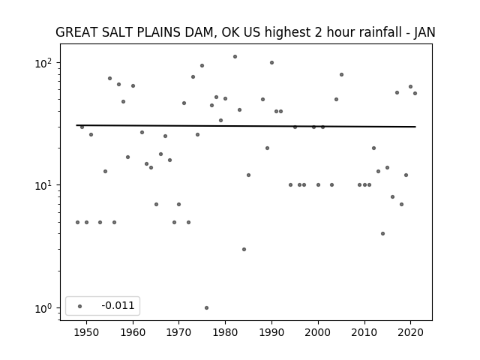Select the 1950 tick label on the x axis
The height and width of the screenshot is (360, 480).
[x=87, y=332]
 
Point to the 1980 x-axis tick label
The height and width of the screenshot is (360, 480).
[x=225, y=332]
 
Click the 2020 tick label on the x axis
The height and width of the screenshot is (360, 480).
[x=411, y=332]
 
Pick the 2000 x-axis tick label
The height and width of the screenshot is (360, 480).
[x=318, y=332]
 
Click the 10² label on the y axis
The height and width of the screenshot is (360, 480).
[x=43, y=63]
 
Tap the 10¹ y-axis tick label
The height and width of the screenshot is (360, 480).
[x=43, y=185]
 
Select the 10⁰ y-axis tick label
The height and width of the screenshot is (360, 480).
[x=43, y=308]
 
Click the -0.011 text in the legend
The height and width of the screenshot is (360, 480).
[x=118, y=305]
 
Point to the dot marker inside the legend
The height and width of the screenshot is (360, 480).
[x=80, y=306]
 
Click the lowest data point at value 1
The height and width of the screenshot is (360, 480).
[x=207, y=307]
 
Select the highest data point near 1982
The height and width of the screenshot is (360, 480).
[x=235, y=57]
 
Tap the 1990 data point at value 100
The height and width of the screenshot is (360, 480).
[x=271, y=63]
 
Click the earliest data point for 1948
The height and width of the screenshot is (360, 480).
[x=77, y=222]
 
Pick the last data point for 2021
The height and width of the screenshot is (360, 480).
[x=415, y=93]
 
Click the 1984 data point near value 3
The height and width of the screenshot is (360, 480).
[x=244, y=249]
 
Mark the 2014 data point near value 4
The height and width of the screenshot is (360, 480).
[x=382, y=233]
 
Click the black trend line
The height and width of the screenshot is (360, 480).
[x=246, y=126]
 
